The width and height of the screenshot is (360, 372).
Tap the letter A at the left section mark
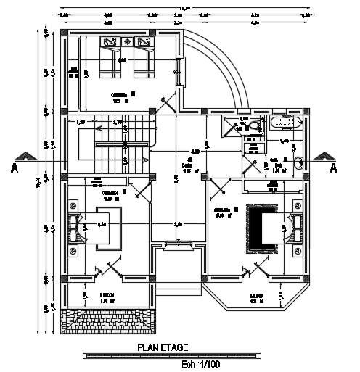click(15, 168)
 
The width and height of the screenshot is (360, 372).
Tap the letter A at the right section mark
click(333, 168)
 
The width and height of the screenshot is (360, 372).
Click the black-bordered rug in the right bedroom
click(262, 228)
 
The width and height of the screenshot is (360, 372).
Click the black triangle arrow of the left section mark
click(27, 157)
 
